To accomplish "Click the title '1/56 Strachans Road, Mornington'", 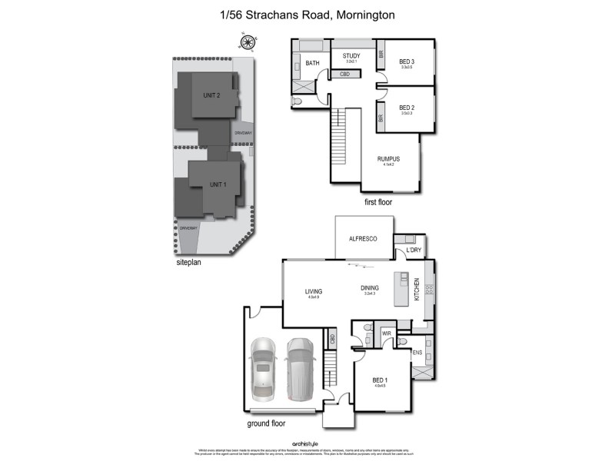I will click(307, 15).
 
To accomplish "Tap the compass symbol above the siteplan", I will click(248, 42).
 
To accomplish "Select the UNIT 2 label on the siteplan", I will click(211, 95).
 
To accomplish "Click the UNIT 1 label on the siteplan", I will click(218, 184).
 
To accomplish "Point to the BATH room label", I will click(312, 63).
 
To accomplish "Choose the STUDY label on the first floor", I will click(351, 55).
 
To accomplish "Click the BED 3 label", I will click(407, 61).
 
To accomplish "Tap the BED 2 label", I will click(407, 108).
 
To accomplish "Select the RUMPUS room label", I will click(388, 158).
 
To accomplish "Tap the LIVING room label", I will click(313, 291).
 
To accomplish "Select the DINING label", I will click(370, 288).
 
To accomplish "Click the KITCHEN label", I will click(417, 289).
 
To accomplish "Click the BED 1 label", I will click(380, 381).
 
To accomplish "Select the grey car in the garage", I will click(300, 370).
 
